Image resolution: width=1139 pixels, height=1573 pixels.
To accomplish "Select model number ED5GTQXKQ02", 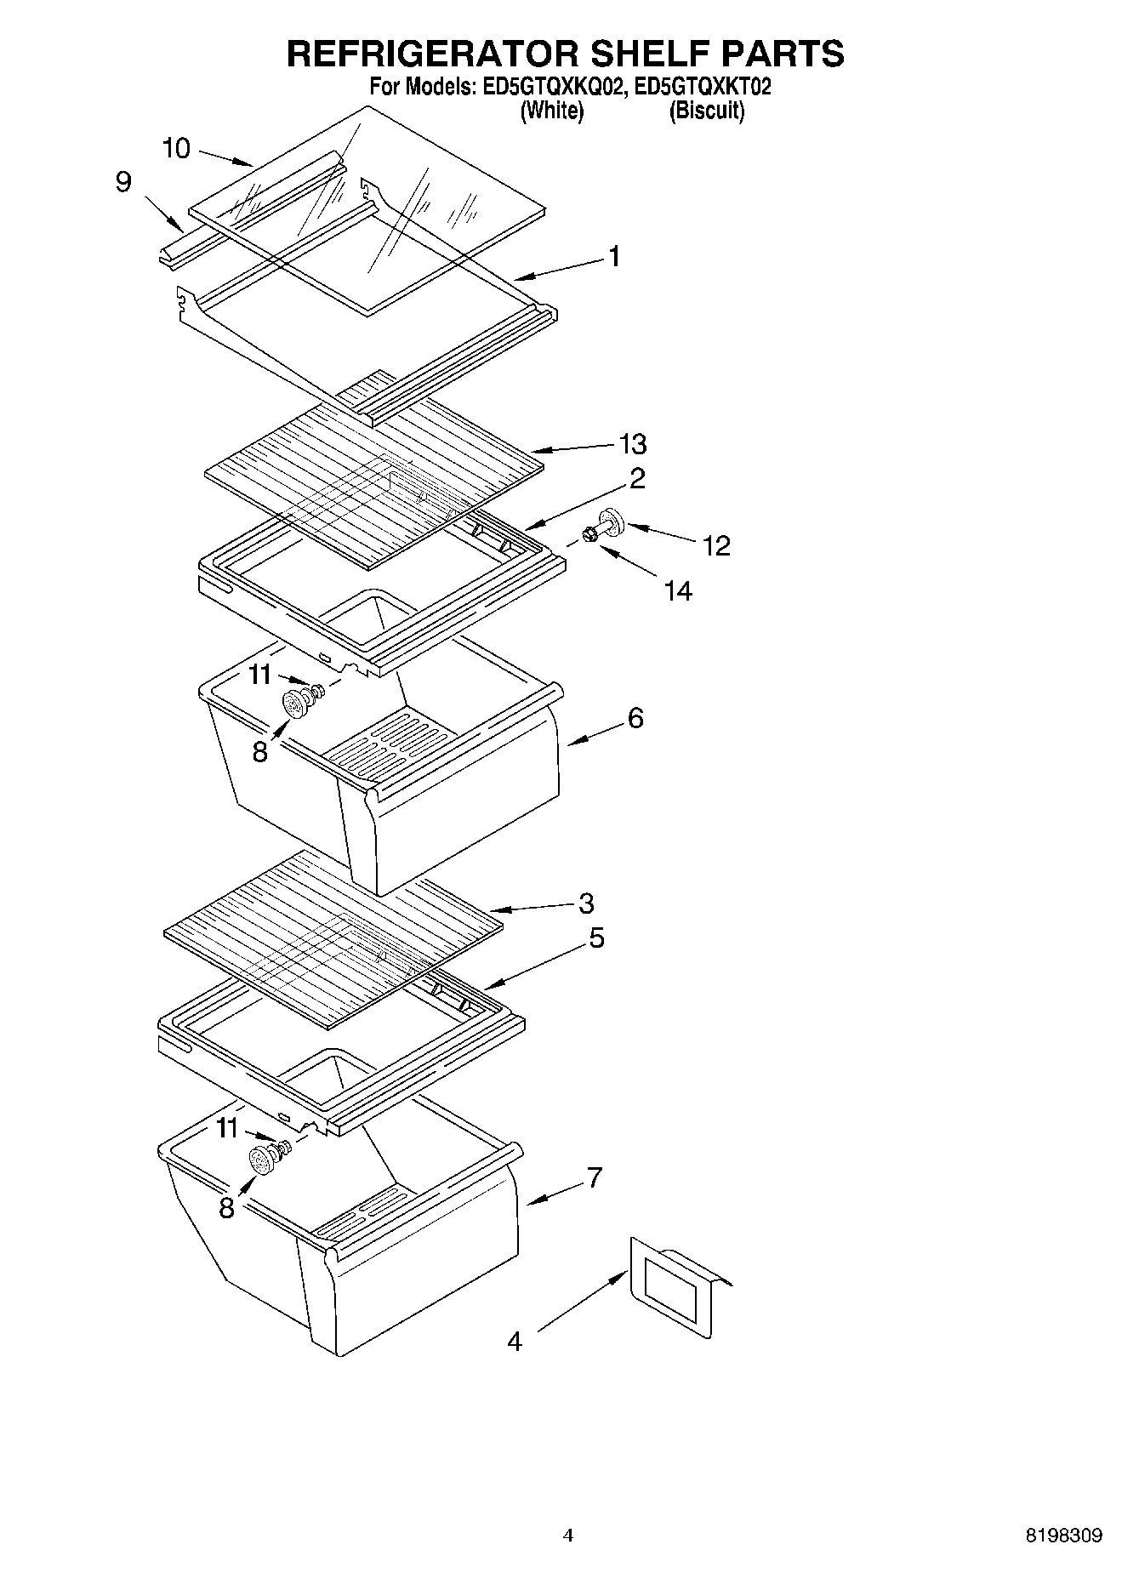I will point(544,87).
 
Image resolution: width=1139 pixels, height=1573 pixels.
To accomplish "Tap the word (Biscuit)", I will point(707,111).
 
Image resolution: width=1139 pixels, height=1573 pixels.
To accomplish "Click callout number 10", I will point(176,149).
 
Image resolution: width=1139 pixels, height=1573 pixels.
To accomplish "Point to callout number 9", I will point(124,182).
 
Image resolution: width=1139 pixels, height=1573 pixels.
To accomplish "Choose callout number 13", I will point(633,444).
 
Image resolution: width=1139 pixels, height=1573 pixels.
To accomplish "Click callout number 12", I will point(716,545).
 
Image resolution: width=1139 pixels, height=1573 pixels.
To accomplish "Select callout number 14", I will point(678,590).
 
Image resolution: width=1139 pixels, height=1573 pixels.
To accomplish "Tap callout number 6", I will point(635,718).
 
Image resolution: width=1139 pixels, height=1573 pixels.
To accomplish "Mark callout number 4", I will point(515,1342).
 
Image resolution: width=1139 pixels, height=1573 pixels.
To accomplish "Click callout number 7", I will point(594,1177).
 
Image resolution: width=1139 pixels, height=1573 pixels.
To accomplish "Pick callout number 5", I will point(596,938).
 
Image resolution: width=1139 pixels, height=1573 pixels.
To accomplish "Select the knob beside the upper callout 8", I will point(294,704).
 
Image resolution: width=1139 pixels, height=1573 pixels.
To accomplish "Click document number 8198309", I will point(1062,1536).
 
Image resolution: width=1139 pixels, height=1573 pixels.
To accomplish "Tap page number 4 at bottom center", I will point(568,1536).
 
